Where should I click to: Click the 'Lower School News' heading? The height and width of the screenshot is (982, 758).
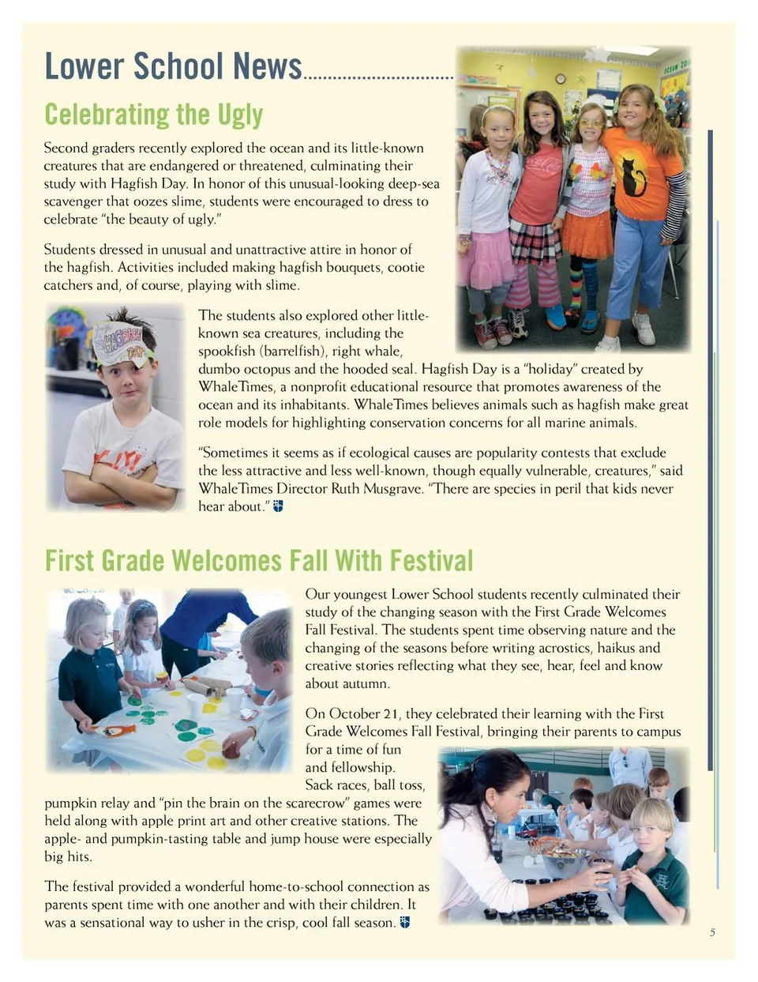[x=173, y=66]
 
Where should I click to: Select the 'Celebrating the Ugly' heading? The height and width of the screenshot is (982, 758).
[x=153, y=115]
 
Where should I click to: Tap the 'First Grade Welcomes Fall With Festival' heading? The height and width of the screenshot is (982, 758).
[x=258, y=561]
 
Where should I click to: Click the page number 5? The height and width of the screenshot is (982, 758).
[x=712, y=932]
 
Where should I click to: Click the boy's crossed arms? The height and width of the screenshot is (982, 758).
[x=118, y=483]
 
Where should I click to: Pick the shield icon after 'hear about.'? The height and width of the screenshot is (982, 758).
[x=278, y=506]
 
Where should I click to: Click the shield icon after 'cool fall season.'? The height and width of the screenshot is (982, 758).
[x=405, y=922]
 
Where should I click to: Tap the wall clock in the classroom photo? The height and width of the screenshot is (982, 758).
[x=560, y=79]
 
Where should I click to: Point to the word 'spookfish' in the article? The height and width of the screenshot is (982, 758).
[x=229, y=351]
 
